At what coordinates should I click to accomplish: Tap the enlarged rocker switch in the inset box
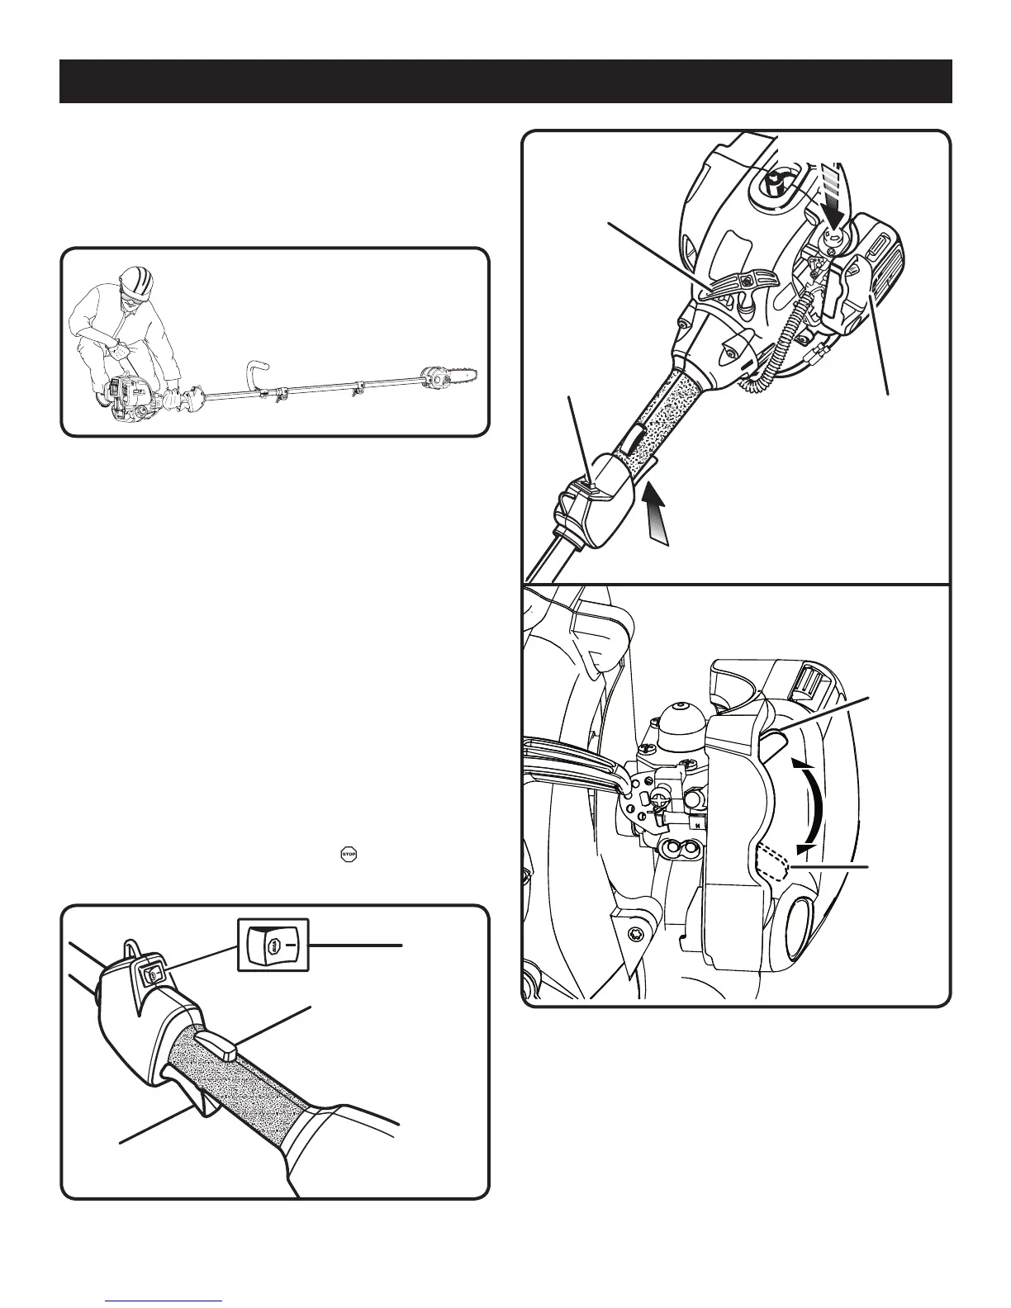273,945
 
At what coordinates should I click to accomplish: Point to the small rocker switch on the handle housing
151,976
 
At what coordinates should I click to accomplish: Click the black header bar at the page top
505,81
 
